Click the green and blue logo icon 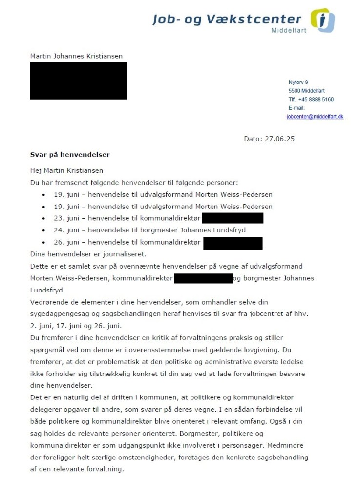click(x=323, y=21)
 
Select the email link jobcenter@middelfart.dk click(x=315, y=117)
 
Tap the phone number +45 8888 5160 click(x=316, y=100)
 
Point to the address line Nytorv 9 click(x=298, y=83)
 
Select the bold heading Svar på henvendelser click(x=70, y=155)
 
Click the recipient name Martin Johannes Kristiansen click(x=76, y=56)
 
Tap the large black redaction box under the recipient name click(x=78, y=81)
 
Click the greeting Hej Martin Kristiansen click(x=66, y=170)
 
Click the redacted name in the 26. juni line click(x=233, y=243)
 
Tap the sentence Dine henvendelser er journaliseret click(x=88, y=254)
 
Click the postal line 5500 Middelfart click(x=306, y=91)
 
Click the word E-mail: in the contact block click(x=296, y=108)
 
